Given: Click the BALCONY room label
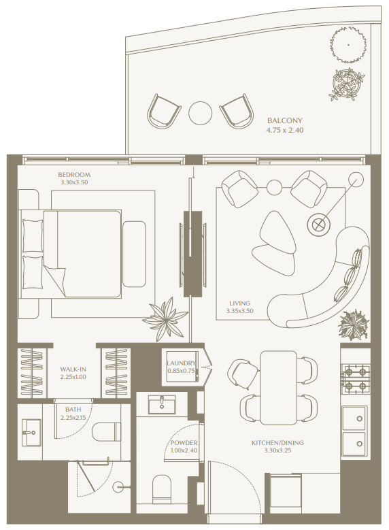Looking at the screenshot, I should point(285,118).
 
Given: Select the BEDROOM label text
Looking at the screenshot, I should point(74,174).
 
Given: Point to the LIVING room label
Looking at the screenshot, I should point(239,303).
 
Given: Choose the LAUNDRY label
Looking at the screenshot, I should point(182,363).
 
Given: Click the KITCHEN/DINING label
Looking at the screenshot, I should point(277,443).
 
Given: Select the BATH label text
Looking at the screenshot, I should point(73,409).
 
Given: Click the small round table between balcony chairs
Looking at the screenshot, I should point(201,112).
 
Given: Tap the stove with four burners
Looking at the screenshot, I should point(355,379).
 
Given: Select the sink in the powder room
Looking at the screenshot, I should point(162,405).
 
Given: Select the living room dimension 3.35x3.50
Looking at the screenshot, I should point(239,312).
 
